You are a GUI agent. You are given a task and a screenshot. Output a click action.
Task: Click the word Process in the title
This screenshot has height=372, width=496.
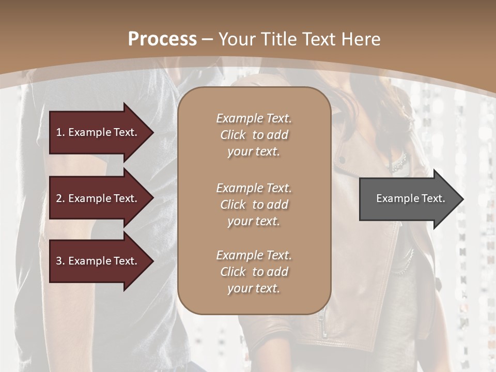point(162,39)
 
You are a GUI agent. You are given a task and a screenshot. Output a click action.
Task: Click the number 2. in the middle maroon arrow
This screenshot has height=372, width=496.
point(60,198)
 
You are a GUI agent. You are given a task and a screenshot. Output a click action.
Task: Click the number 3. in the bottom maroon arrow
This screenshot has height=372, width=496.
point(60,261)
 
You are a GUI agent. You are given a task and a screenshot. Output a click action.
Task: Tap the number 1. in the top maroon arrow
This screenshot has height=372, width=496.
point(60,132)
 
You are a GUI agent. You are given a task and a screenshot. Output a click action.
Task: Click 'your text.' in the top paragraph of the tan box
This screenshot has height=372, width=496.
point(254,152)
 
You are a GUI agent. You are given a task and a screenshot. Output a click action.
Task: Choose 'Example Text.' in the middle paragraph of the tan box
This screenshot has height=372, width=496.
point(254,188)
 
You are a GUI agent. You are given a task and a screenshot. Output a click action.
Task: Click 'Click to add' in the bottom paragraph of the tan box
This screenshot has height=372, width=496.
point(254,272)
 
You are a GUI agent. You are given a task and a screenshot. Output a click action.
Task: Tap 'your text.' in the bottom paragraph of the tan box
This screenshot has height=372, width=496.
point(254,289)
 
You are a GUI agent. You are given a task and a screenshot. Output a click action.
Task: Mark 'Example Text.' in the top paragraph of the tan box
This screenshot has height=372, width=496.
point(254,118)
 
